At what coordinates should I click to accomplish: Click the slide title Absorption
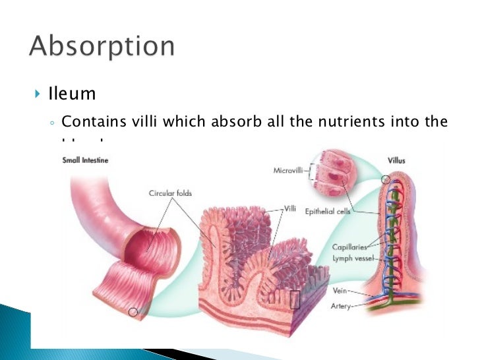[102, 47]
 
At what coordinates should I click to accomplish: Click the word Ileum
[72, 94]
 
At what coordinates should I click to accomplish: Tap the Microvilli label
[289, 170]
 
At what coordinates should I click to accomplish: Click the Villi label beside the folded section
[292, 208]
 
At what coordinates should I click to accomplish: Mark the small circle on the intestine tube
[133, 312]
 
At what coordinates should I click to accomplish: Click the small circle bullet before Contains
[52, 123]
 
